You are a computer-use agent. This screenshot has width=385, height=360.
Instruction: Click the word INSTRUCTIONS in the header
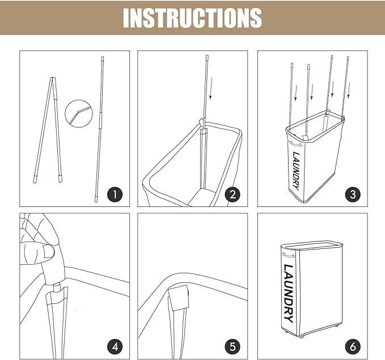[x=192, y=18]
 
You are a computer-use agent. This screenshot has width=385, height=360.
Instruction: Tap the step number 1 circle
[x=115, y=194]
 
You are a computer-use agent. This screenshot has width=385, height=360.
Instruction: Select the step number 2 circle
[x=232, y=194]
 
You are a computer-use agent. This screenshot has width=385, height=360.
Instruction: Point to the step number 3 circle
[x=353, y=194]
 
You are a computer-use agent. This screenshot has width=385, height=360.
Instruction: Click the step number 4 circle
[x=115, y=347]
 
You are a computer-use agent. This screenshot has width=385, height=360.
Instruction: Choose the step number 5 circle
[x=232, y=347]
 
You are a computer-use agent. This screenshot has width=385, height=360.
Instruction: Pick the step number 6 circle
[x=353, y=347]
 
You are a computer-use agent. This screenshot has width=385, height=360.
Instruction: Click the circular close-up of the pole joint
[x=79, y=113]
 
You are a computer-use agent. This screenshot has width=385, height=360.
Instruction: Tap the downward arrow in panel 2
[x=211, y=88]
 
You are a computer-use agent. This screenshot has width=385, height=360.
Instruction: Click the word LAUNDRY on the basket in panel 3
[x=296, y=171]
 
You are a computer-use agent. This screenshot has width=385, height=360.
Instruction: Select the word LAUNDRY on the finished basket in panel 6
[x=288, y=294]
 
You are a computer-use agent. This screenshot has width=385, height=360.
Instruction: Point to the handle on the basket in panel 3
[x=295, y=143]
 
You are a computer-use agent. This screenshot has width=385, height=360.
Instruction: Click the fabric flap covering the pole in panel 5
[x=179, y=298]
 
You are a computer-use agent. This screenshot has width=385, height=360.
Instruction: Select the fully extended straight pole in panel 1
[x=99, y=129]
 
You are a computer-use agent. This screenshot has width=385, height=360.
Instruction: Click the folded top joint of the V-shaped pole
[x=53, y=79]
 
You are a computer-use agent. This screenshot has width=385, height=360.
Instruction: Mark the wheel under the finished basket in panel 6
[x=302, y=336]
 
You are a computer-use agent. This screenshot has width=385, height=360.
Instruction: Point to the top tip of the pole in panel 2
[x=207, y=56]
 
